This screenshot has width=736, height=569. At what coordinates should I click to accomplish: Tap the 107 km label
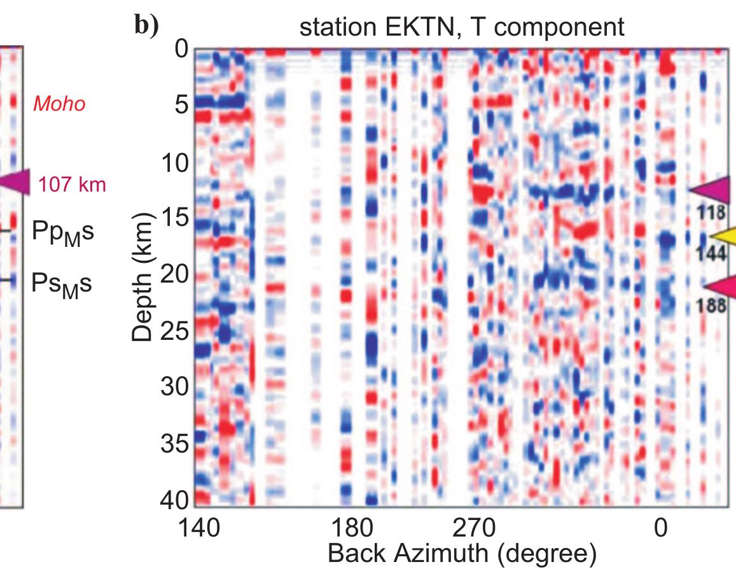[x=72, y=185]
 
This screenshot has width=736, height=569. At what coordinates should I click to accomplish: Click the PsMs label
[x=62, y=284]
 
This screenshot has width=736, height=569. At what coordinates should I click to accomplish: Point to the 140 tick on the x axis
[x=201, y=528]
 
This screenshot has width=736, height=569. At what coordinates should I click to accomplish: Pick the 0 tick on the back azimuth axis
[x=661, y=528]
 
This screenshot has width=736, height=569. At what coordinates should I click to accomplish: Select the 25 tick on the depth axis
[x=172, y=332]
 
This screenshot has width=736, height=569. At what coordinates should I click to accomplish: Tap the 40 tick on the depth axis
[x=172, y=500]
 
